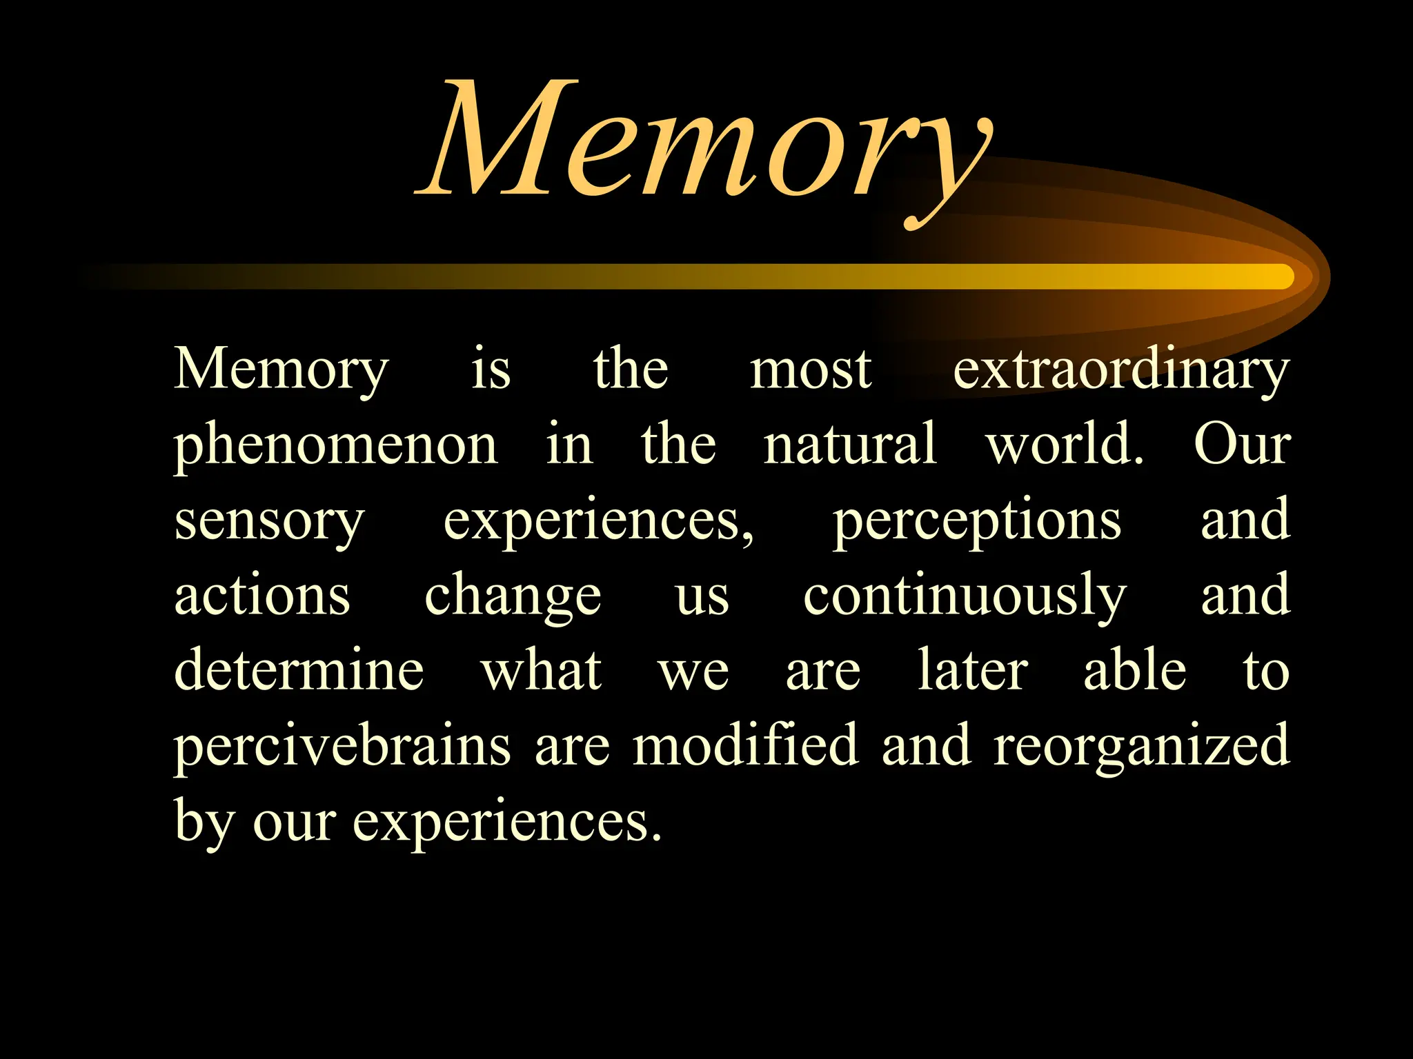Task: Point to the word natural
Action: [849, 445]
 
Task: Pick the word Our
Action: [1242, 445]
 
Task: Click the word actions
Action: [262, 596]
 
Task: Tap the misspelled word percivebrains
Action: [342, 747]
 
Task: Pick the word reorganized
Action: [1141, 747]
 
